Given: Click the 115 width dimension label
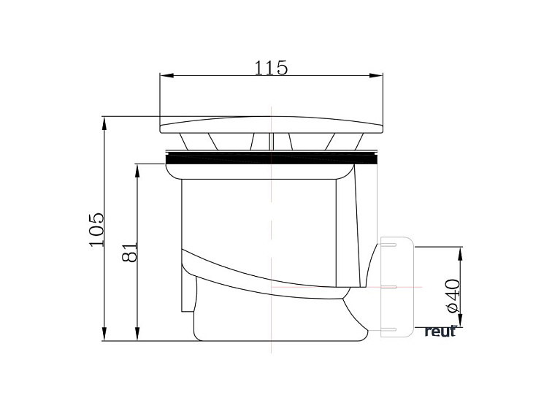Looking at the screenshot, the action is coord(271,68).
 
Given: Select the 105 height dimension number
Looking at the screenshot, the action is coord(97,230).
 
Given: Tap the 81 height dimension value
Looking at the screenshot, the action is coord(129,252).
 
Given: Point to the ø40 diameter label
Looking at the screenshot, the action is coord(453,296).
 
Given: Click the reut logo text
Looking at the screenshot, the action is coord(440,331).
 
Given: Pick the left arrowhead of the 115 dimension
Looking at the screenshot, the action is coord(167,75).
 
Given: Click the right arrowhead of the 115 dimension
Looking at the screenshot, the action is coord(376,75).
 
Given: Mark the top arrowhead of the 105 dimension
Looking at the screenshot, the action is coord(104,124).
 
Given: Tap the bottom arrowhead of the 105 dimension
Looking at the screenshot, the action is coord(104,334).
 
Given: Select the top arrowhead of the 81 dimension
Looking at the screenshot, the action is coord(137,171).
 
